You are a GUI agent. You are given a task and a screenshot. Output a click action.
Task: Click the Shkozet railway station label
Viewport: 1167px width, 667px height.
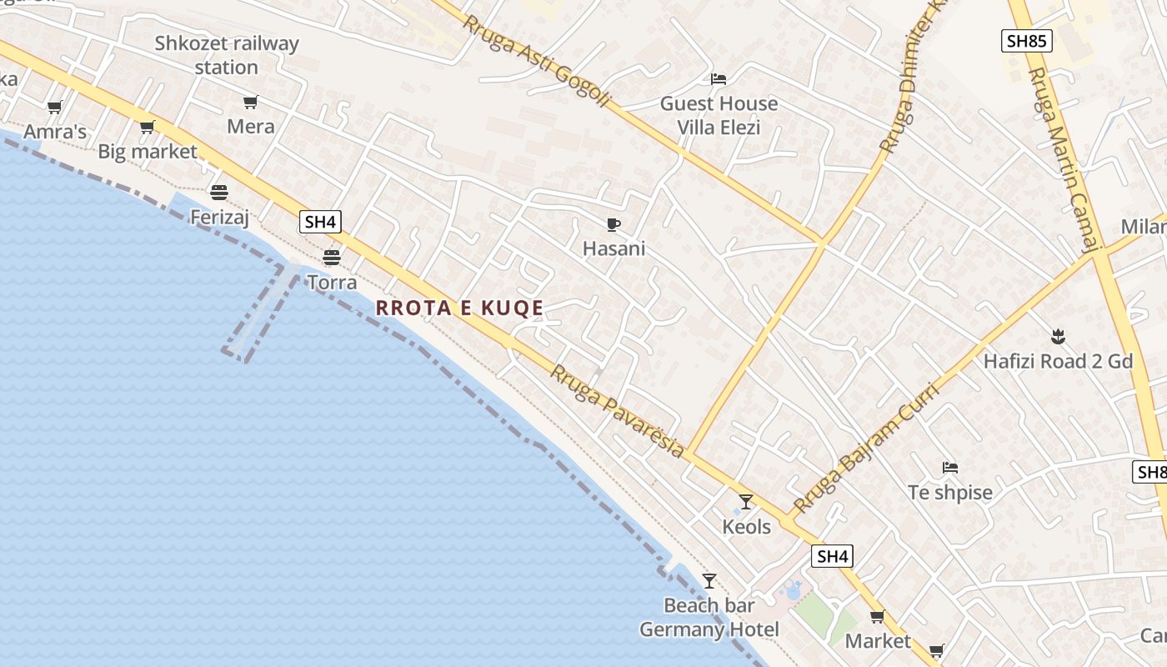tap(227, 55)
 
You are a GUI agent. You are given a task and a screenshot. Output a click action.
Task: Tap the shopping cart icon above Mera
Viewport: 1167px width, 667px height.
tap(250, 103)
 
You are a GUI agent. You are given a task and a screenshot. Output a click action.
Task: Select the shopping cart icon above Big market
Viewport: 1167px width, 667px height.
tap(148, 128)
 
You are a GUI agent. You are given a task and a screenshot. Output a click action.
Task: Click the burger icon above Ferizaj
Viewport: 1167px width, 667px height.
tap(219, 193)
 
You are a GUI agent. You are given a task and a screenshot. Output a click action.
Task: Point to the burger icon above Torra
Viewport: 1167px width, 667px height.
tap(332, 257)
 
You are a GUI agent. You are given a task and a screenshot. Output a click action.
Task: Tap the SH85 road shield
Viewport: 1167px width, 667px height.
tap(1027, 40)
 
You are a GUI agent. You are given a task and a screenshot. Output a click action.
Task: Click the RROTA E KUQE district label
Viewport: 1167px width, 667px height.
tap(459, 308)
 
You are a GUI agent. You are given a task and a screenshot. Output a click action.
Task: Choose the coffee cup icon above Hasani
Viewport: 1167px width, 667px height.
tap(614, 224)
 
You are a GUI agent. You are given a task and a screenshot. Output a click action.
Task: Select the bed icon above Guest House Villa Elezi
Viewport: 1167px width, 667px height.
tap(719, 79)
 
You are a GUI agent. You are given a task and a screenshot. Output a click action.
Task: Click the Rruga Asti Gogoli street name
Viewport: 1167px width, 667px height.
tap(537, 61)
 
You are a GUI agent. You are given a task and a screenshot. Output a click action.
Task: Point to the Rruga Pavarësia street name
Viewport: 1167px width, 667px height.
tap(617, 412)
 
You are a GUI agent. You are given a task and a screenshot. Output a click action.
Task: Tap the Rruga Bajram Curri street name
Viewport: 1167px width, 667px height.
tap(866, 448)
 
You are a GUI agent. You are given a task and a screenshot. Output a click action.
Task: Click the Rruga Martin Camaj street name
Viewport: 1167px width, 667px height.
tap(1060, 158)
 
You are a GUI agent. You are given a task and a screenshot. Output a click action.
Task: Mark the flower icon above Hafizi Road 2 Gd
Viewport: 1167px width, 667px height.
tap(1058, 337)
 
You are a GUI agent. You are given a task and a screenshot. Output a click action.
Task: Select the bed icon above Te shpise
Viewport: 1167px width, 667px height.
tap(950, 468)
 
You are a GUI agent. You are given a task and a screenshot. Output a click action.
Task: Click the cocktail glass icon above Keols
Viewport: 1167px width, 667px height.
tap(746, 502)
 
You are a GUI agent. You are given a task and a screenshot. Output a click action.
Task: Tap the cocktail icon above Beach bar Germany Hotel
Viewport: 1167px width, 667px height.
tap(709, 581)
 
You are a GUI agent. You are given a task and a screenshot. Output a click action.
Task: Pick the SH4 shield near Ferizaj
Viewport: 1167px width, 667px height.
tap(321, 222)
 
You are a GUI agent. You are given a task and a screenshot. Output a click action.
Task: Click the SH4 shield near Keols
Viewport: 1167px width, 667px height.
tap(833, 556)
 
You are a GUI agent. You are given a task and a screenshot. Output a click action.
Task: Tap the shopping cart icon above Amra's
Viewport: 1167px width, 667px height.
tap(55, 107)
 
